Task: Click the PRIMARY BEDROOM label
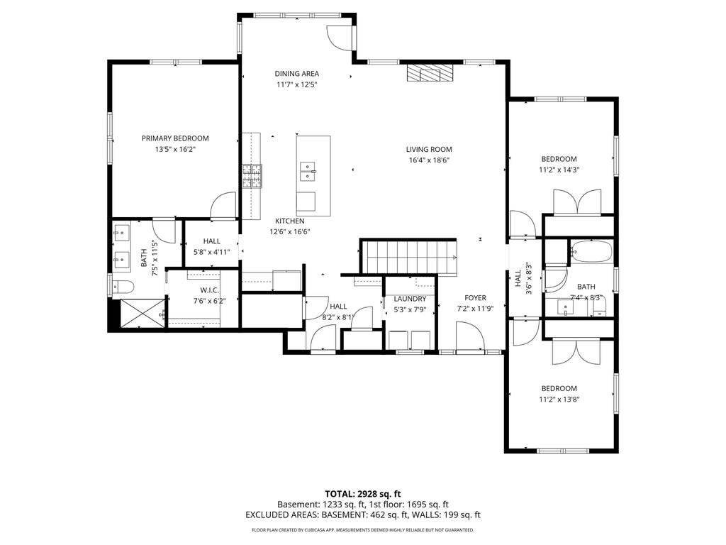pyautogui.click(x=175, y=138)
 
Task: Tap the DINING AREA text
pyautogui.click(x=297, y=73)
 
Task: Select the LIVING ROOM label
pyautogui.click(x=429, y=149)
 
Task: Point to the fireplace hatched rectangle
pyautogui.click(x=430, y=73)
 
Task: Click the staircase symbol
pyautogui.click(x=409, y=257)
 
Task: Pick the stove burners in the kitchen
pyautogui.click(x=252, y=176)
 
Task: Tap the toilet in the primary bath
pyautogui.click(x=123, y=287)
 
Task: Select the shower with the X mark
pyautogui.click(x=143, y=313)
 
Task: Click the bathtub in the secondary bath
pyautogui.click(x=591, y=252)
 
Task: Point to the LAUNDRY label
pyautogui.click(x=410, y=299)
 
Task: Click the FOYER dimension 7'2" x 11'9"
pyautogui.click(x=475, y=309)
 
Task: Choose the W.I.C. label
pyautogui.click(x=210, y=290)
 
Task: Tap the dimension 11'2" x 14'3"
pyautogui.click(x=559, y=170)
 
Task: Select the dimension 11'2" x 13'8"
pyautogui.click(x=559, y=399)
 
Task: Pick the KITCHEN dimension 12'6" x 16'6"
pyautogui.click(x=290, y=232)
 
